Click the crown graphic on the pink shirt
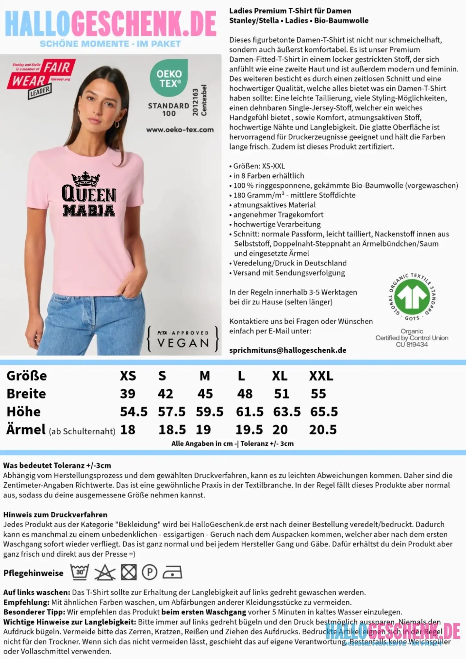[86, 179]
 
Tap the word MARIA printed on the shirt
[89, 210]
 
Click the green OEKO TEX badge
[169, 78]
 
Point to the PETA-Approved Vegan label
[183, 339]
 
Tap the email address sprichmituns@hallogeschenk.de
[288, 350]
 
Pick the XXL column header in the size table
[321, 376]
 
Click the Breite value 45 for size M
[205, 394]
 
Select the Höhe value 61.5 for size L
[249, 412]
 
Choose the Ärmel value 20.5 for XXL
[323, 430]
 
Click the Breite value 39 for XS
[128, 394]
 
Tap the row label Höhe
[23, 412]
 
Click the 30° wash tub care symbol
[79, 572]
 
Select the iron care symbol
[172, 573]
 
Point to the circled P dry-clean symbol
[150, 573]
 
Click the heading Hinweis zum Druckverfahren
[55, 515]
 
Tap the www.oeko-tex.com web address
[180, 130]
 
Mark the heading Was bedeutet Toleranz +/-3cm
[57, 465]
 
